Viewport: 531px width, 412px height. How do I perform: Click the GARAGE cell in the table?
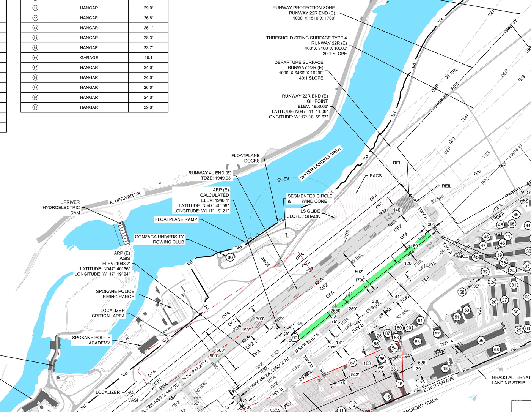pos(89,58)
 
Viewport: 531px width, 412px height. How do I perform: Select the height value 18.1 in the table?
pos(148,58)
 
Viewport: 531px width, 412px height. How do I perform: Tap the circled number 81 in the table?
pos(35,8)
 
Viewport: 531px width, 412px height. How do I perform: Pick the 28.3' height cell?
pos(148,38)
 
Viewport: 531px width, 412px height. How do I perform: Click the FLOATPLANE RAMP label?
pos(176,219)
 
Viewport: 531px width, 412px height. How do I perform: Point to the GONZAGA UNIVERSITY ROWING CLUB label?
pos(159,239)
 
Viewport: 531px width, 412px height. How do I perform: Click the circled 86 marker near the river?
pos(230,257)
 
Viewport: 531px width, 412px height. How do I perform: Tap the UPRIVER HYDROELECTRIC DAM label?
pos(61,207)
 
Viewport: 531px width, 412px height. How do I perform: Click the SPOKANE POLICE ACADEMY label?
pos(91,340)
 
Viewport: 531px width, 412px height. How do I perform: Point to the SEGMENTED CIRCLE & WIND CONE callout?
pos(309,199)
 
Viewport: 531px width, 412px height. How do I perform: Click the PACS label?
pos(375,176)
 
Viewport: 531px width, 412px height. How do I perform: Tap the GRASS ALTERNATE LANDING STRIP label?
pos(510,380)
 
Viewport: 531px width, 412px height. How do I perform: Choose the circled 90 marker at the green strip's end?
pos(295,338)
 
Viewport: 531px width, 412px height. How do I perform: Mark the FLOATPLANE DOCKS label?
pos(245,158)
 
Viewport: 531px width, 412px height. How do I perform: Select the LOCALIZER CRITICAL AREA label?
pos(108,313)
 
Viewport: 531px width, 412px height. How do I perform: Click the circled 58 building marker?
pos(462,292)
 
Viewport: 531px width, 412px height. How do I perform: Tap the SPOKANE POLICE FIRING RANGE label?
pos(115,294)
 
